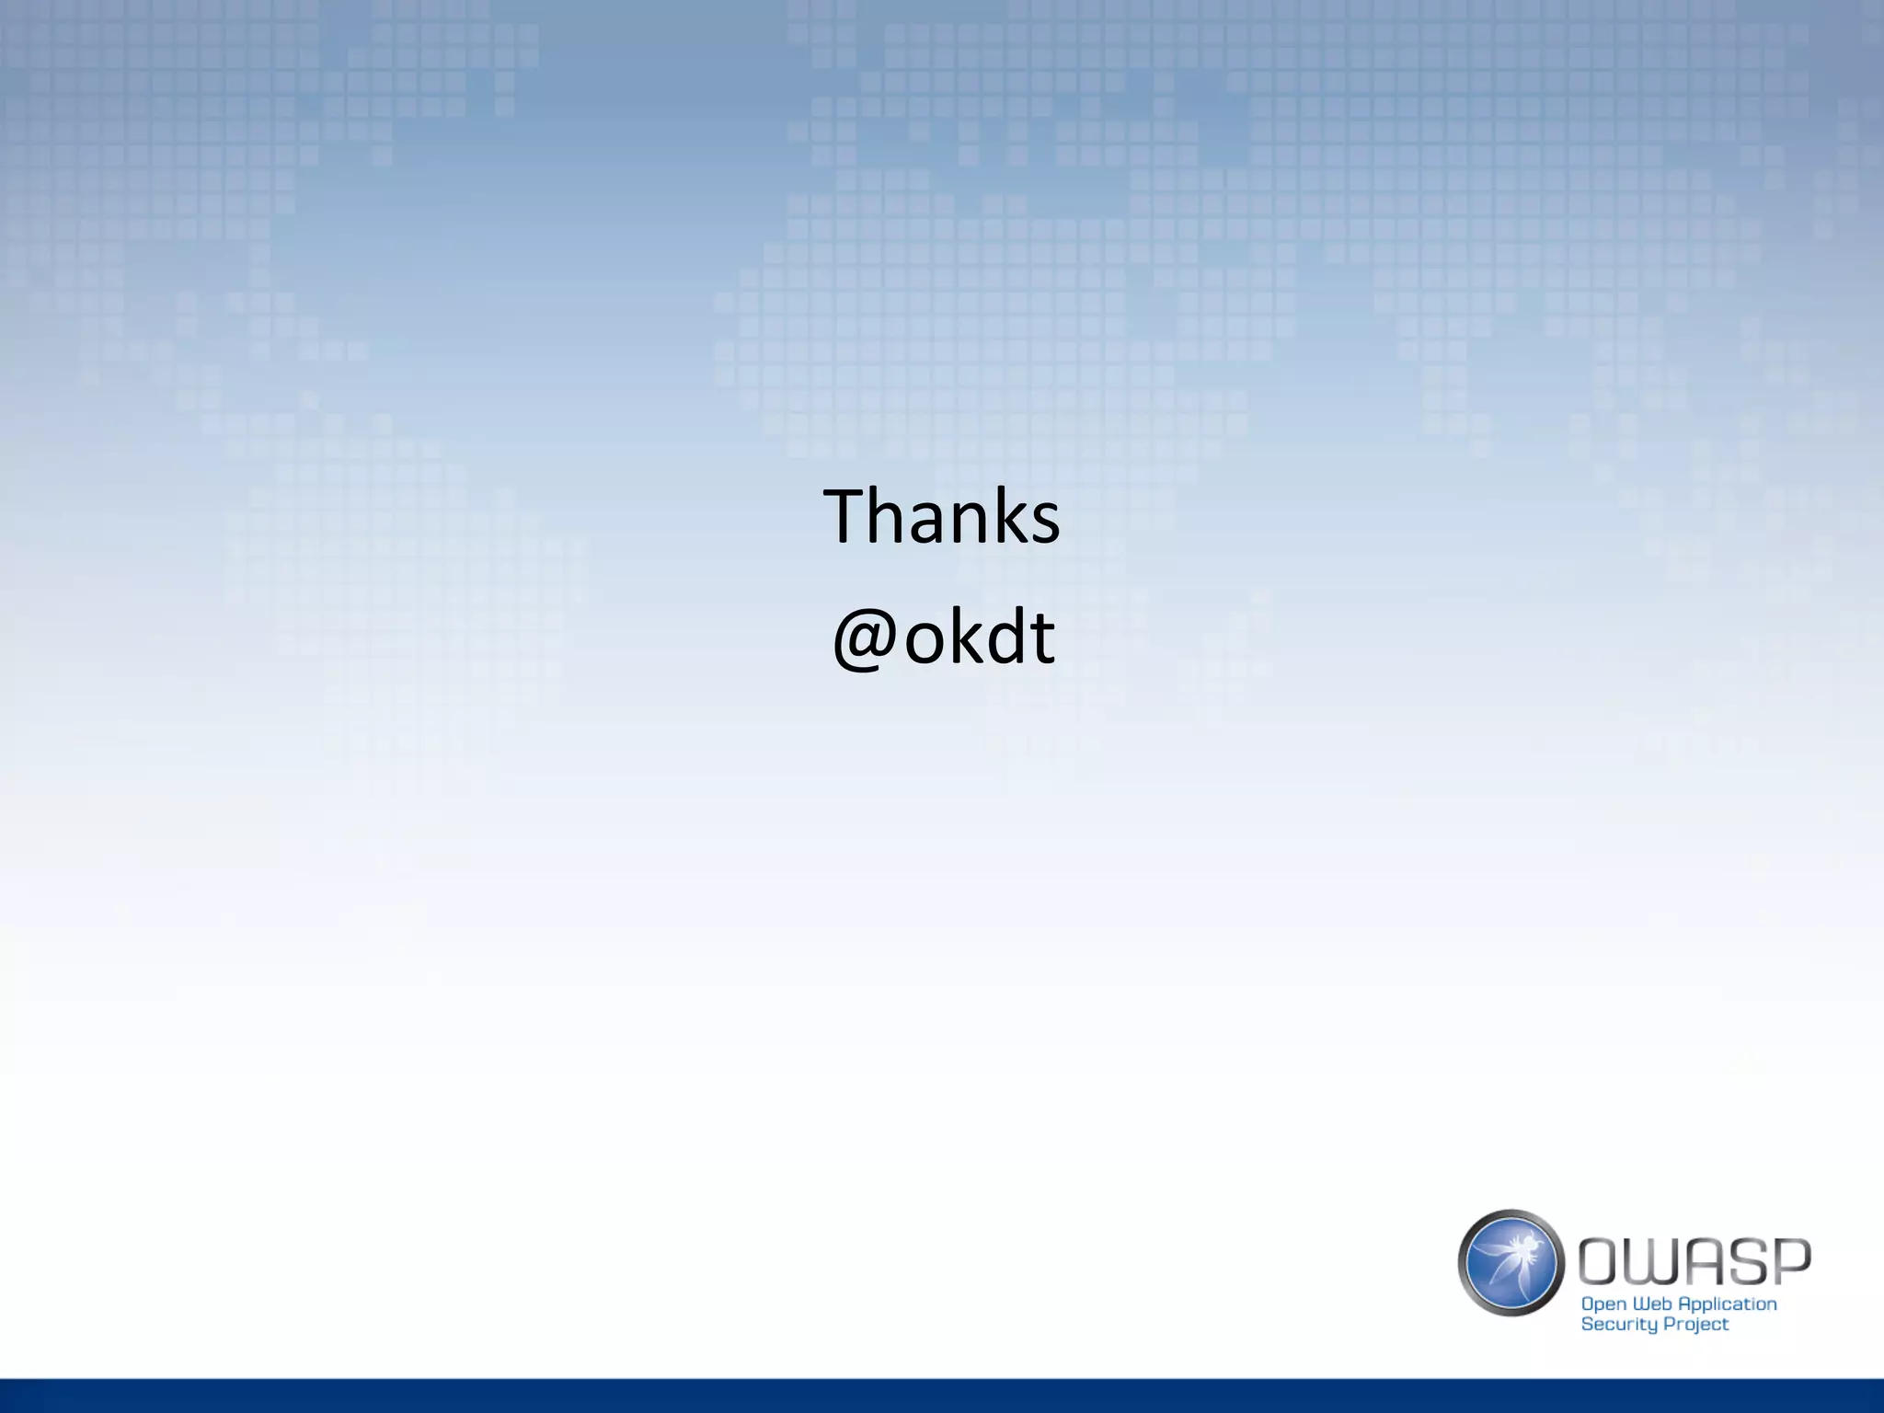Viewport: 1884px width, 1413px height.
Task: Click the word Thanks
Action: click(x=941, y=517)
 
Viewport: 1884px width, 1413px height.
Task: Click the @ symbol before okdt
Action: click(x=864, y=640)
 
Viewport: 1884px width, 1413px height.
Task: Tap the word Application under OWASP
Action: click(x=1728, y=1304)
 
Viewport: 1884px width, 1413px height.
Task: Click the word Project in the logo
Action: click(x=1697, y=1325)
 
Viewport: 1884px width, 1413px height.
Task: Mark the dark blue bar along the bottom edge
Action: click(x=942, y=1396)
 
